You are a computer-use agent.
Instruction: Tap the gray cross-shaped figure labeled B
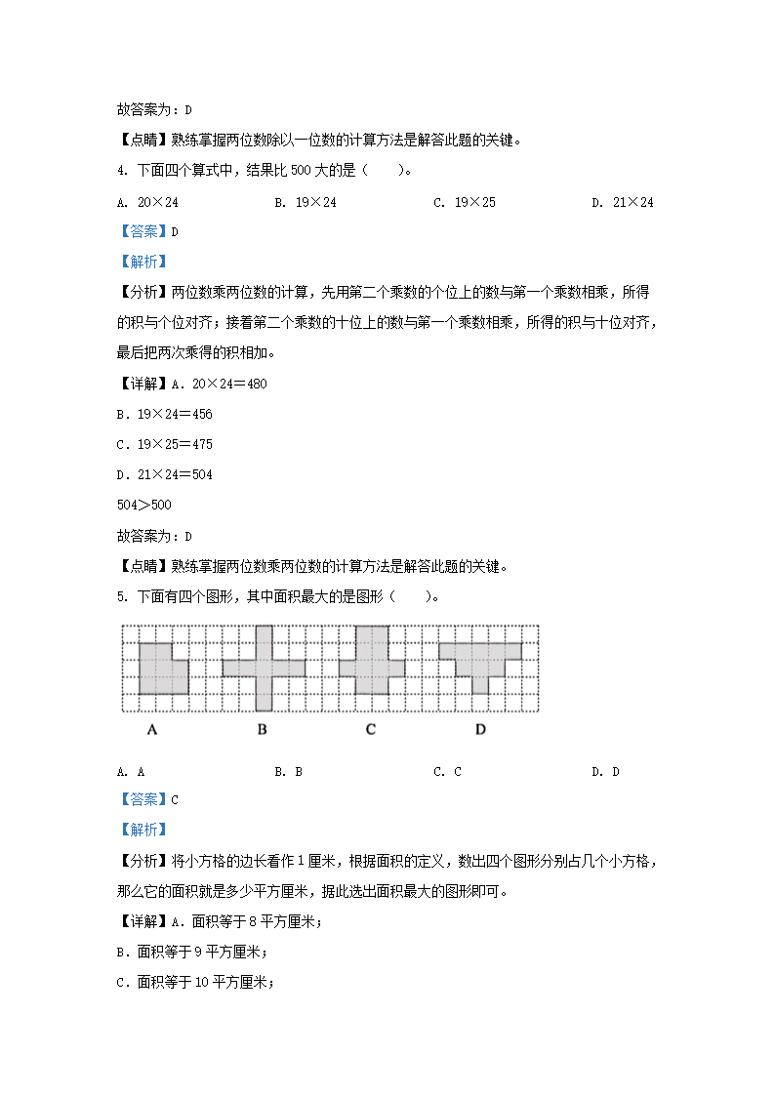coord(264,668)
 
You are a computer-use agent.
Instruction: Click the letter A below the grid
coord(152,729)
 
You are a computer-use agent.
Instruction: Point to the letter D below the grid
coord(480,729)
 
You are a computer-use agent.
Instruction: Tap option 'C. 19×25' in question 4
coord(464,202)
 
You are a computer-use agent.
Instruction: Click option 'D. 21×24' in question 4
coord(622,202)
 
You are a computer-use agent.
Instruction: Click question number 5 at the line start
coord(120,596)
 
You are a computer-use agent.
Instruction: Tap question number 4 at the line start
coord(120,171)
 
